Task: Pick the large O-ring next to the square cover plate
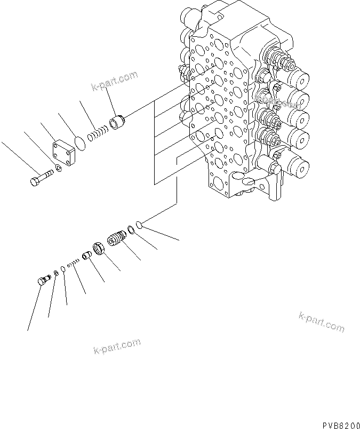(79, 143)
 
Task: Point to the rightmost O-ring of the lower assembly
(139, 226)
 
